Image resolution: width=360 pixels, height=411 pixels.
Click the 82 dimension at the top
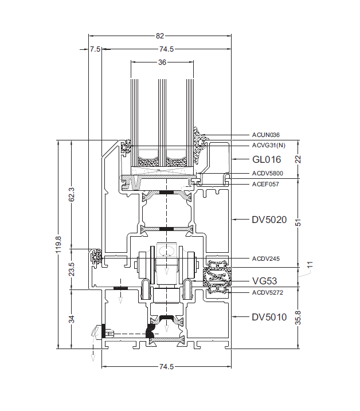159,36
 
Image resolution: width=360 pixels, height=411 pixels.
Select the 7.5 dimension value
95,49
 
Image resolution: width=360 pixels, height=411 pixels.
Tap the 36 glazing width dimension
162,62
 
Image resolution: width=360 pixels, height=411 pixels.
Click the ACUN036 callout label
266,135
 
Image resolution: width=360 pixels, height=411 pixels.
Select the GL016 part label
266,159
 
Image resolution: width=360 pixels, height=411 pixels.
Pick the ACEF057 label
265,184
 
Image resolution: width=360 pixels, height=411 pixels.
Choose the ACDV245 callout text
266,259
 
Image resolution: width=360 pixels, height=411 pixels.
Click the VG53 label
264,281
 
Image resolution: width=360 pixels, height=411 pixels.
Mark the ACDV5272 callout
268,292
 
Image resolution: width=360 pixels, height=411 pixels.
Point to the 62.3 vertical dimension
72,194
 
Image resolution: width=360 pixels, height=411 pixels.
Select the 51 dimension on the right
298,221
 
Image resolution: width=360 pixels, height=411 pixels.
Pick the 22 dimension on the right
298,159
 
